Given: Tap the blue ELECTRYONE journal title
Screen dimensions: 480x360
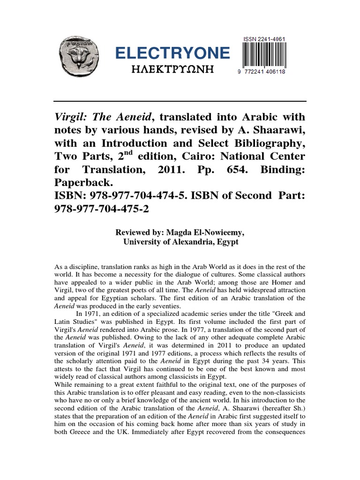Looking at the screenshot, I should pos(173,53).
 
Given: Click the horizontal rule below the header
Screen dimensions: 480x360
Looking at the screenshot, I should pos(180,101).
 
